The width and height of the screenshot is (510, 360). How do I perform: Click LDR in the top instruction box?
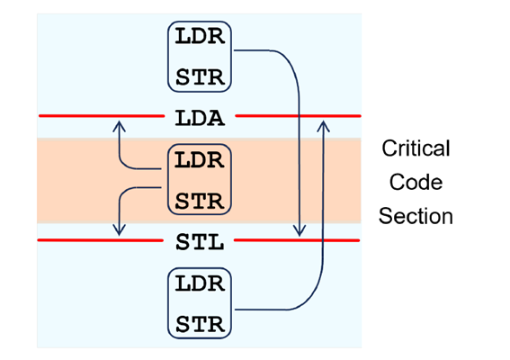tap(200, 39)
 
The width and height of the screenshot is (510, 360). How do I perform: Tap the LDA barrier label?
tap(200, 117)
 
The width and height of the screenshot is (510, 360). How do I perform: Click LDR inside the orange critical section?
tap(200, 163)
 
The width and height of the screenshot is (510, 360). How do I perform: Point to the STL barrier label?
tap(200, 241)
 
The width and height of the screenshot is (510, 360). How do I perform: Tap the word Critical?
tap(416, 148)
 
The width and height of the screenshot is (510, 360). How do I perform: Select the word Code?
tap(416, 183)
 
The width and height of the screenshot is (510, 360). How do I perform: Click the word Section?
tap(416, 217)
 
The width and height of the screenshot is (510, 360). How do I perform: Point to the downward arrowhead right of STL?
tap(300, 232)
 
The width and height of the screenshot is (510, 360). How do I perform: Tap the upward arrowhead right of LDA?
tap(322, 124)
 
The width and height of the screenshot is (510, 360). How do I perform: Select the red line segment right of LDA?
tap(297, 116)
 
